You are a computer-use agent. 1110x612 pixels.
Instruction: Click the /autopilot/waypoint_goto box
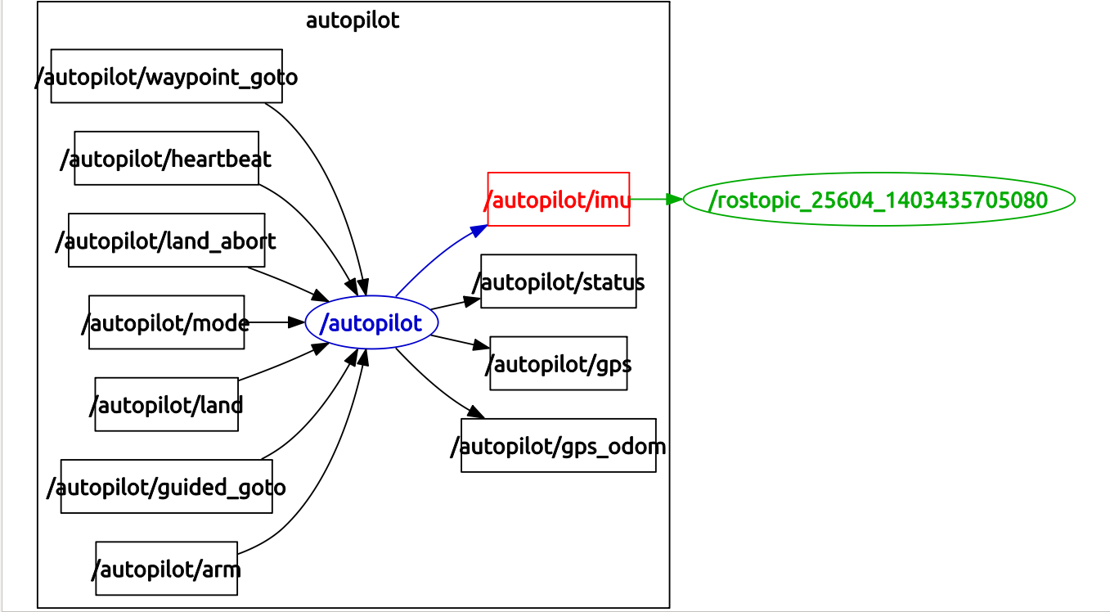coord(166,76)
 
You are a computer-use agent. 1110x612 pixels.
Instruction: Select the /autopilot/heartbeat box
coord(166,158)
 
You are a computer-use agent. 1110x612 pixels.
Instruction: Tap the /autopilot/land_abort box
coord(166,241)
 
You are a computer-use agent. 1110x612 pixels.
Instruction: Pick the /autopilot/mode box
coord(166,322)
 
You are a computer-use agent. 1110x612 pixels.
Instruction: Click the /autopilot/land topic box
coord(166,404)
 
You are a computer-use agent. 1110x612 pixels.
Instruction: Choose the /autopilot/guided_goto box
coord(166,487)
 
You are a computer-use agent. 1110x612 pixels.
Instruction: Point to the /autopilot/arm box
coord(166,568)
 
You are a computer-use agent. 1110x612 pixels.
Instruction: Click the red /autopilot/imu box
coord(558,199)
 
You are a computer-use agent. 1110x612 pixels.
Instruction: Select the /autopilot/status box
coord(558,281)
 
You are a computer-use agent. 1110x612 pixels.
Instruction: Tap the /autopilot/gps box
coord(558,363)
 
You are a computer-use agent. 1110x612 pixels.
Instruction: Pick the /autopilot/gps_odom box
coord(558,446)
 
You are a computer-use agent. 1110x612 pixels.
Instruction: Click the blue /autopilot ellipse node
coord(371,322)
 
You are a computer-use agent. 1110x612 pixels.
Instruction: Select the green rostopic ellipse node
coord(878,199)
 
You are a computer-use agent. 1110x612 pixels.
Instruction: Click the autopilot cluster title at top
coord(353,20)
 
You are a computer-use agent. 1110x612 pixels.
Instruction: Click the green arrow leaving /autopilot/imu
coord(654,199)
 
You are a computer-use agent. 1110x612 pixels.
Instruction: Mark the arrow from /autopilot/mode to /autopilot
coord(274,322)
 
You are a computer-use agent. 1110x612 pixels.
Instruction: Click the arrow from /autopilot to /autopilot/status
coord(455,304)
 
